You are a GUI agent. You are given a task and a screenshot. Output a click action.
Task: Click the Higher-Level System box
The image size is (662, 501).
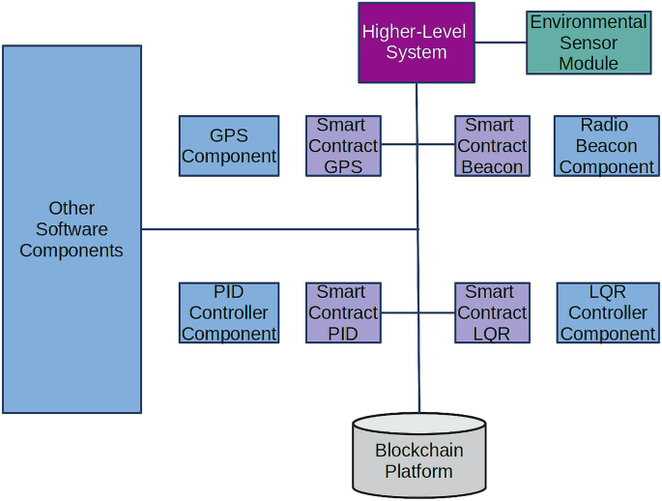click(x=416, y=43)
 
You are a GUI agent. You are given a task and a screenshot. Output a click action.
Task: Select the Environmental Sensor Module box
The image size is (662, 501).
click(x=588, y=43)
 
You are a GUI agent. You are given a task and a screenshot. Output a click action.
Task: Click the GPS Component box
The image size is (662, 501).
click(x=229, y=146)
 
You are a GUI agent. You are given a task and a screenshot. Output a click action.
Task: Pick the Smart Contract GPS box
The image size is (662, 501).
click(x=343, y=146)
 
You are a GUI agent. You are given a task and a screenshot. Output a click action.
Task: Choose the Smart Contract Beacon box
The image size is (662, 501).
click(x=492, y=146)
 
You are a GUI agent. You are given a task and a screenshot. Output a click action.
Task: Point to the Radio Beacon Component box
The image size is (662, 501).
click(x=606, y=146)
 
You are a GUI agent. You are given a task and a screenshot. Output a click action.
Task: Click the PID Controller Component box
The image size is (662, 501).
click(x=229, y=312)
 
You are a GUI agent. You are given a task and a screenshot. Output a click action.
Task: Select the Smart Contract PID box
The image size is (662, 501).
click(x=343, y=312)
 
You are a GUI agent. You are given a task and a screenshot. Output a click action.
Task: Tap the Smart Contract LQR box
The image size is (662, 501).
click(x=492, y=312)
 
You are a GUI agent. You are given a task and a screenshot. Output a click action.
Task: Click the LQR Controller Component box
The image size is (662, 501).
click(x=608, y=312)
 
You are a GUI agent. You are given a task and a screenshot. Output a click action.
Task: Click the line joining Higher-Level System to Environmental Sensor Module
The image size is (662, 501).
click(x=501, y=43)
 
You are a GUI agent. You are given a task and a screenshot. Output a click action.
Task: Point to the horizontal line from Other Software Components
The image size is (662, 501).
click(x=280, y=229)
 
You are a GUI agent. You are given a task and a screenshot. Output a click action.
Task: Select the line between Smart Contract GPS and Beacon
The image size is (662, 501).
click(x=435, y=145)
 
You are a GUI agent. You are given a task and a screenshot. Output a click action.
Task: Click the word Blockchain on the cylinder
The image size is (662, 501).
click(x=418, y=451)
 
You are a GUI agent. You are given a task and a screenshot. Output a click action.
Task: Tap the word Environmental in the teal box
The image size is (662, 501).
click(x=588, y=21)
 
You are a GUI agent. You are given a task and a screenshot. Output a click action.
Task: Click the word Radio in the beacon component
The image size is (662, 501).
click(x=604, y=125)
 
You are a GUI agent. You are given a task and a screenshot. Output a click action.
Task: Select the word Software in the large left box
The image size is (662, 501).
click(x=72, y=229)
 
